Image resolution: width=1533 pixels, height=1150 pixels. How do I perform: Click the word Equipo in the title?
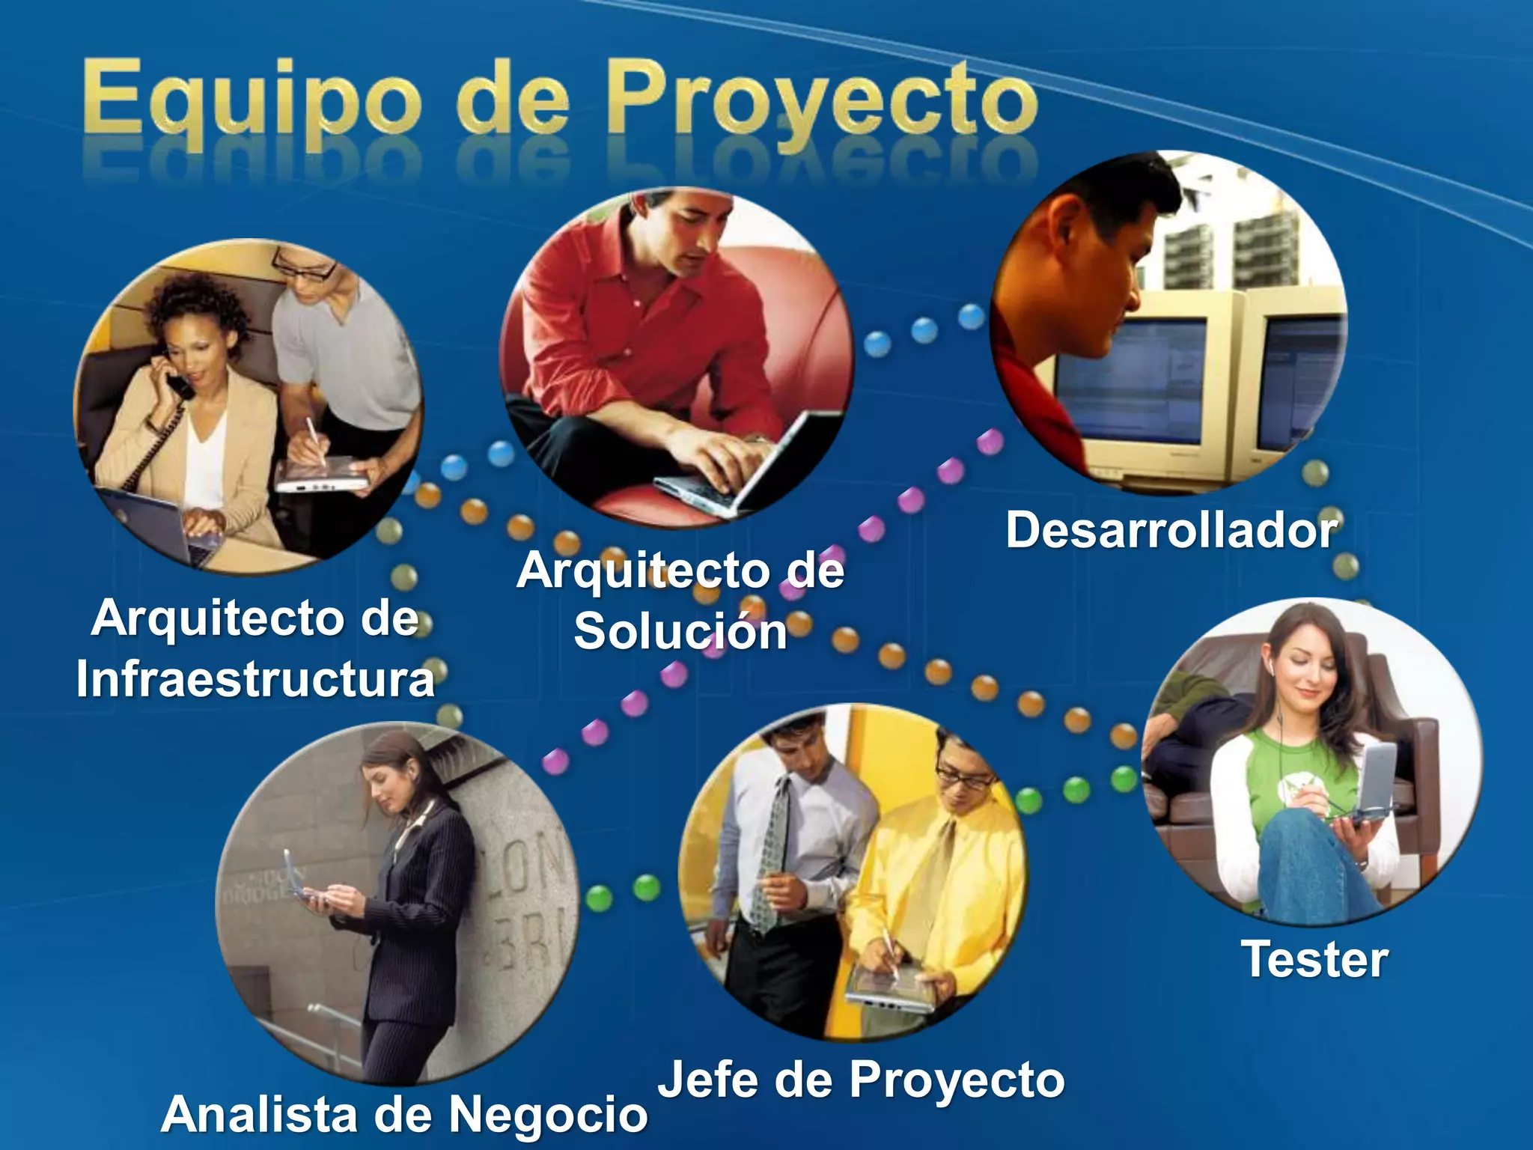[x=251, y=101]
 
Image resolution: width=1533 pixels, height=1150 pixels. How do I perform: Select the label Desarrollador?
[x=1171, y=530]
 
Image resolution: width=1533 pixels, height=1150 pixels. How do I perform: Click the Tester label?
[x=1314, y=959]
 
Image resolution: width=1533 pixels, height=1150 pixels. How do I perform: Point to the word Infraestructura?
[x=255, y=679]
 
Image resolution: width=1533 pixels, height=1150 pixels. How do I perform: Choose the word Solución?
[x=680, y=630]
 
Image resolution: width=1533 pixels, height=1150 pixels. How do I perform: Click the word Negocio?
[x=548, y=1114]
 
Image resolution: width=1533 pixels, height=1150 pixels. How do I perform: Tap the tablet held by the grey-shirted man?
[x=322, y=475]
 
